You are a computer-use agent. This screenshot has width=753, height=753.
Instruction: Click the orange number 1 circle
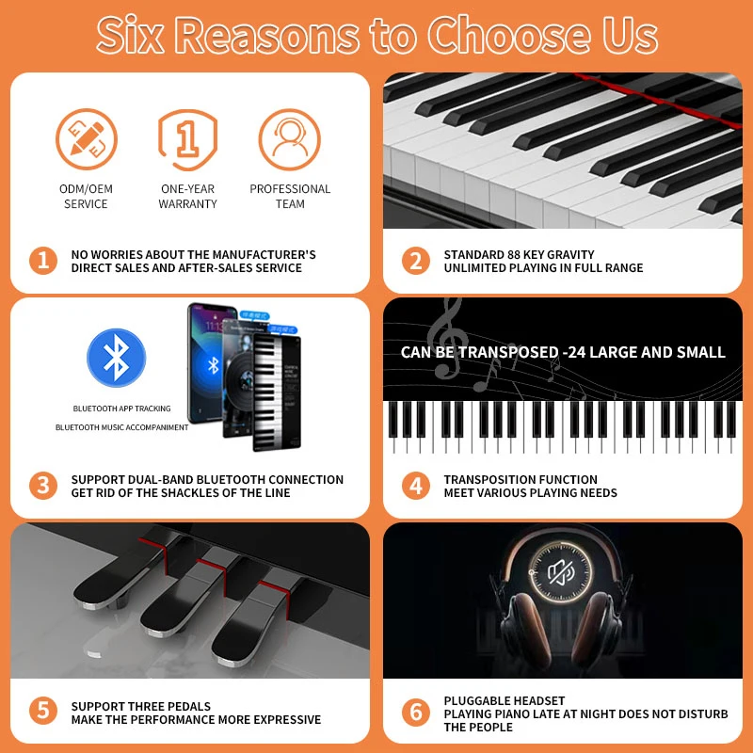(42, 261)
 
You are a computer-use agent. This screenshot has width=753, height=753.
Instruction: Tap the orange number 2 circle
(415, 261)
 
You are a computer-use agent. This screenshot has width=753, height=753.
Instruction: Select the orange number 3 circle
(42, 486)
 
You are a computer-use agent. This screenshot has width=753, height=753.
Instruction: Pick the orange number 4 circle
(415, 486)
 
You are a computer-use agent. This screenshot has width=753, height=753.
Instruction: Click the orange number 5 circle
(42, 713)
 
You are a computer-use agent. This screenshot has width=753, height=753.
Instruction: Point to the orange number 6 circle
(415, 713)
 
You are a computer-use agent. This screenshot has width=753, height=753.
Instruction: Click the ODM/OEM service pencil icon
(86, 138)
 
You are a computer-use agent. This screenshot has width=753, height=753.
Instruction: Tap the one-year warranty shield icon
(187, 138)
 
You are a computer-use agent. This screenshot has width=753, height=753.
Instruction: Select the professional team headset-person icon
(290, 138)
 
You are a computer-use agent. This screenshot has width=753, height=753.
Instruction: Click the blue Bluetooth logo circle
(116, 358)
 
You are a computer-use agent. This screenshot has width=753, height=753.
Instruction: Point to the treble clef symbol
(445, 339)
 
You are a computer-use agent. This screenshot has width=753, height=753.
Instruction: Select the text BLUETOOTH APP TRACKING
(122, 409)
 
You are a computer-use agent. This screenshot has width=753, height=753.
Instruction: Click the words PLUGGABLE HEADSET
(505, 701)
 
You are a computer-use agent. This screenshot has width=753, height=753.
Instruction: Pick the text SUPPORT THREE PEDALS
(141, 706)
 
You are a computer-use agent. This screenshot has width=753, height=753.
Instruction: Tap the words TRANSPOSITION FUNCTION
(521, 479)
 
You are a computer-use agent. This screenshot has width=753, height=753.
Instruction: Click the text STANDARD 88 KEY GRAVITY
(519, 254)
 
